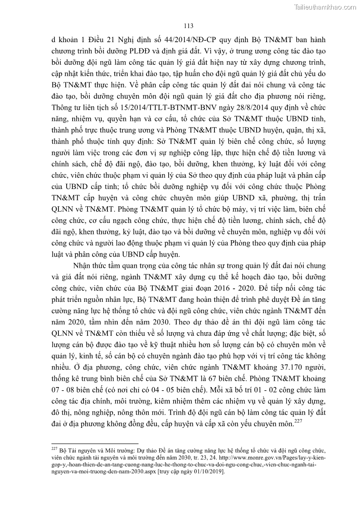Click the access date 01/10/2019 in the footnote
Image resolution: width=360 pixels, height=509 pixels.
click(x=207, y=471)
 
